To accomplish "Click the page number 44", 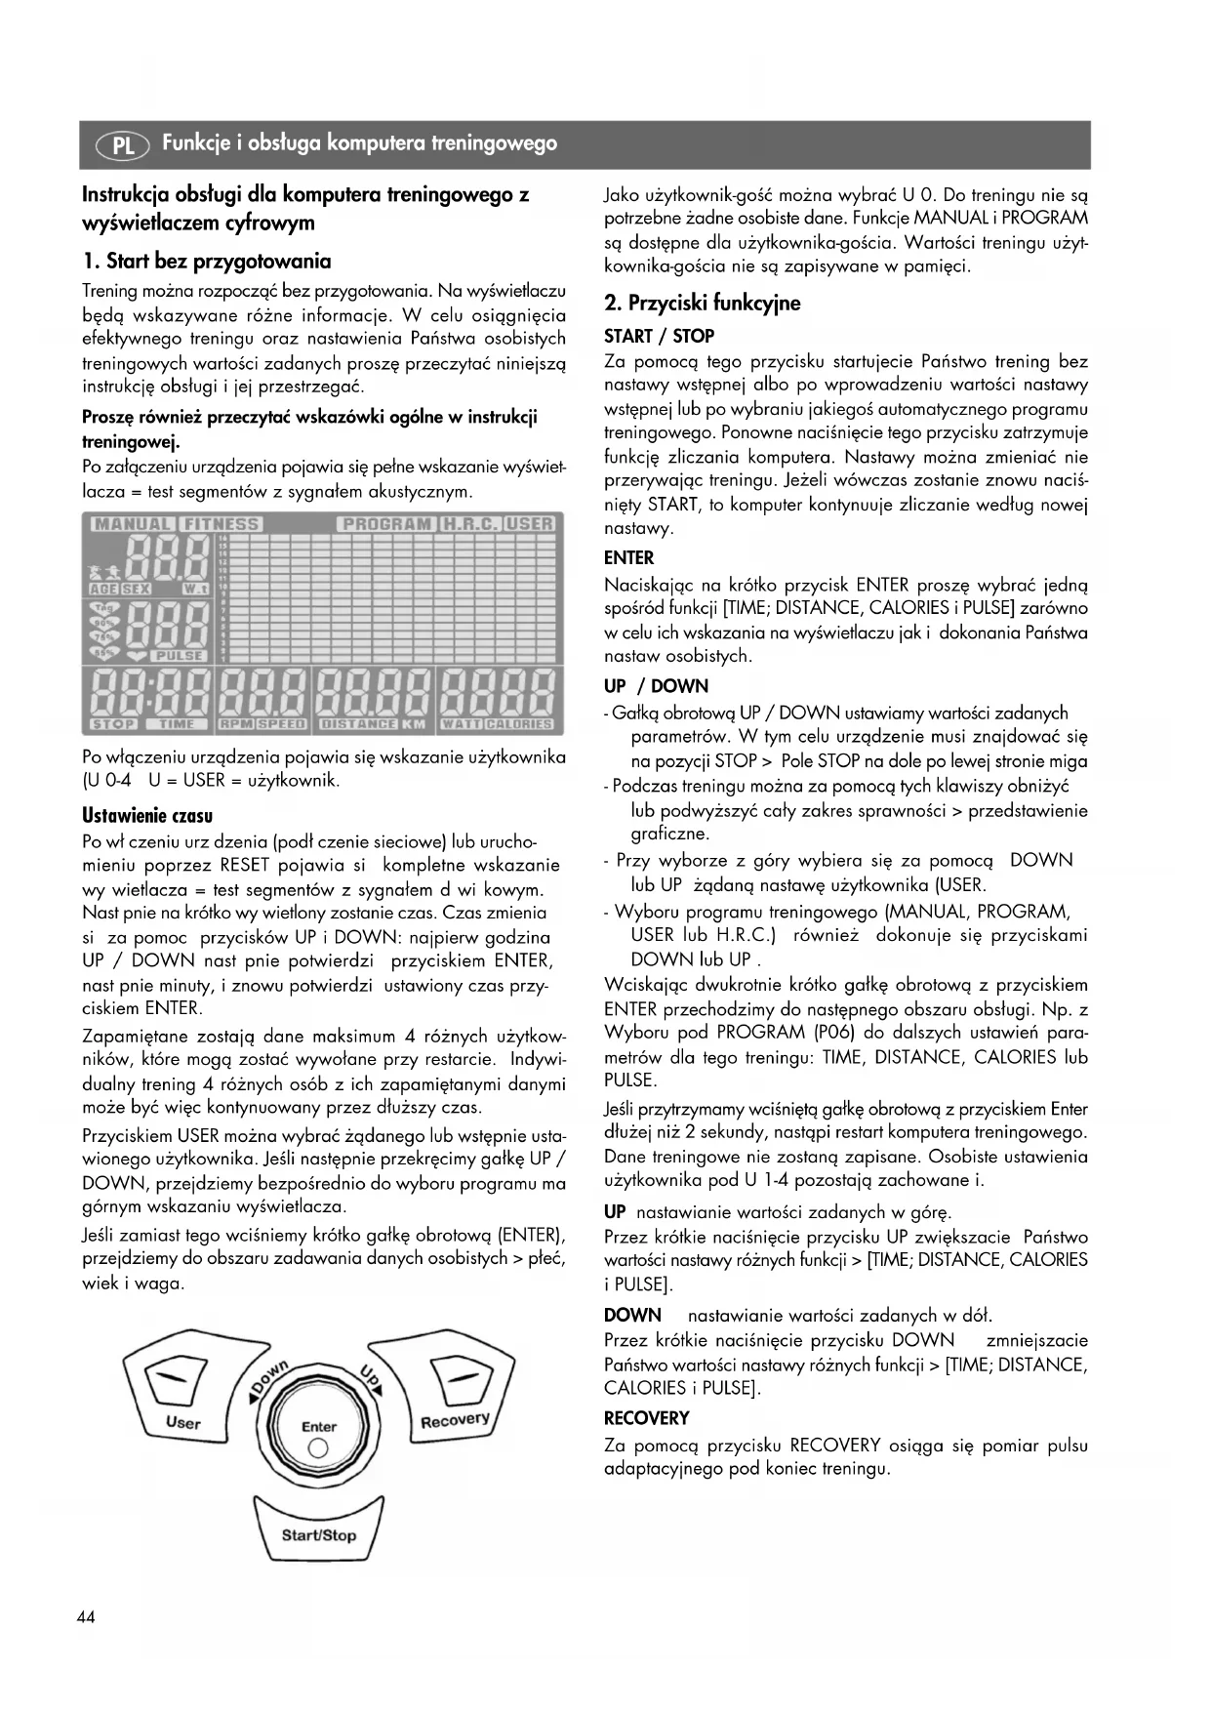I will click(x=86, y=1617).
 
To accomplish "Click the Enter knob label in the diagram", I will click(x=318, y=1427).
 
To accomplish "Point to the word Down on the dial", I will click(x=270, y=1379).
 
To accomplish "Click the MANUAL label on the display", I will click(x=133, y=524).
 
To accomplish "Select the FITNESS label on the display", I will click(x=222, y=524).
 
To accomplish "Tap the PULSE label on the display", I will click(x=179, y=656).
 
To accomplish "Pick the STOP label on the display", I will click(x=113, y=724).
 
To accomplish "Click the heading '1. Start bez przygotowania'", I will click(x=206, y=261).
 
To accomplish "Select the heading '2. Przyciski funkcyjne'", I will click(x=702, y=303).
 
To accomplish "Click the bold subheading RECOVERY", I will click(x=646, y=1418).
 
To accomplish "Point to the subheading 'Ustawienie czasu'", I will click(x=147, y=816).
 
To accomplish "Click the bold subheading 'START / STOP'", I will click(x=659, y=336).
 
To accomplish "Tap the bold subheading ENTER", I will click(x=628, y=558).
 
